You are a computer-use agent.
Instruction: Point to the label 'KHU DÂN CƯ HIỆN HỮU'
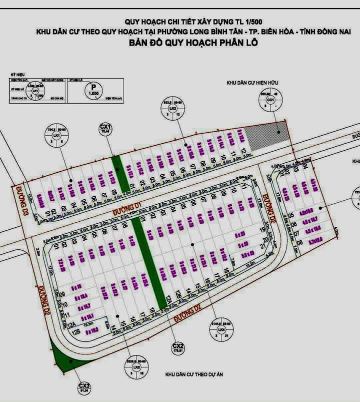(x=252, y=82)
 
